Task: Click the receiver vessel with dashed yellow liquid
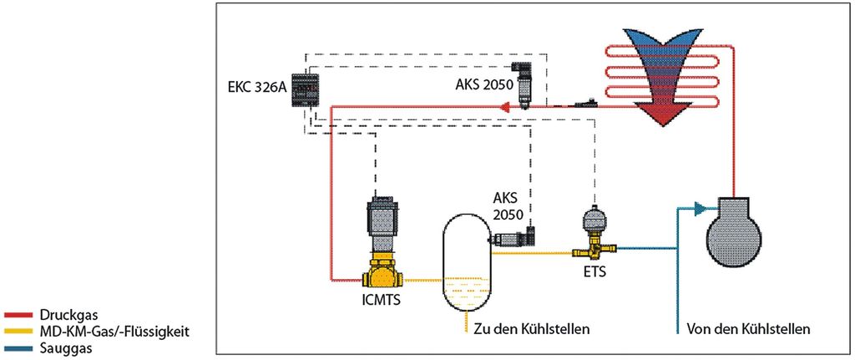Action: pos(465,263)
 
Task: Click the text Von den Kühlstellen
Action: pos(747,329)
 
